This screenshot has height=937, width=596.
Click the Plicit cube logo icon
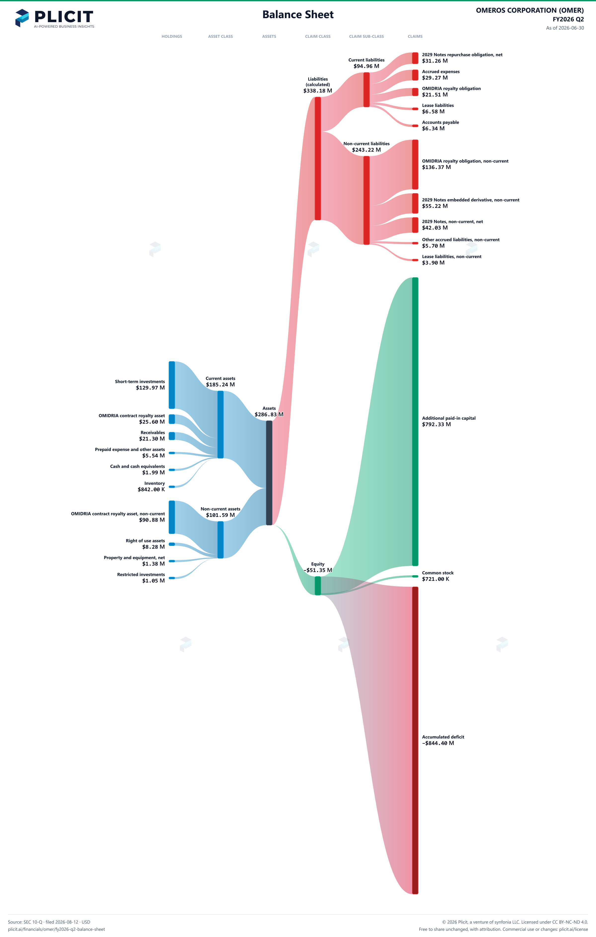tap(22, 18)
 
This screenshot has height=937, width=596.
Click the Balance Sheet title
tap(298, 15)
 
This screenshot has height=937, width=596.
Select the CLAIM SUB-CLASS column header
tap(366, 37)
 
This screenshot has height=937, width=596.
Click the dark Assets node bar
tap(269, 473)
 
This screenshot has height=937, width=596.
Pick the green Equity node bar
tap(318, 586)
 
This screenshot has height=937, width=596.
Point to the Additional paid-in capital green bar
tap(415, 421)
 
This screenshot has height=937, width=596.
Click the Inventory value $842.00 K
tap(151, 490)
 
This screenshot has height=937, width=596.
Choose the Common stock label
tap(438, 573)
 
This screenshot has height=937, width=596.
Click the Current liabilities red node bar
tap(366, 89)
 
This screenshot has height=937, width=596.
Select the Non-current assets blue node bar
tap(221, 540)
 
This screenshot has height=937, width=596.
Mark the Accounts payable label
tap(441, 122)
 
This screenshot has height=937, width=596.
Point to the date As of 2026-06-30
tap(565, 28)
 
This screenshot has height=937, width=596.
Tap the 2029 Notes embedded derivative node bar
tap(415, 204)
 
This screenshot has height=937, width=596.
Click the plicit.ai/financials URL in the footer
tap(56, 929)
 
